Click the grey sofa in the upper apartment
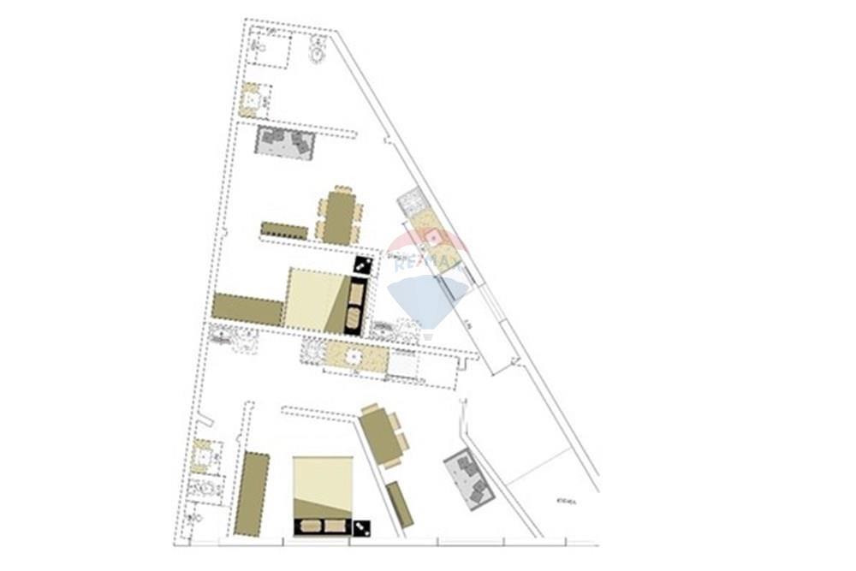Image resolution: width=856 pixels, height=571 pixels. [286, 143]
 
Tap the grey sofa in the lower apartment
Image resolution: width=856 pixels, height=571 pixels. [470, 479]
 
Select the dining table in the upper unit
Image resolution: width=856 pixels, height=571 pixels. [339, 217]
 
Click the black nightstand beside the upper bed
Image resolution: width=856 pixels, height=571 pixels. [363, 265]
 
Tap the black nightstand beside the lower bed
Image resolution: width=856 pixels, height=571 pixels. [363, 528]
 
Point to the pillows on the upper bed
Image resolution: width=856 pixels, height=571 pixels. [355, 306]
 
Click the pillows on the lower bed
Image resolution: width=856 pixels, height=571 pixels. [323, 526]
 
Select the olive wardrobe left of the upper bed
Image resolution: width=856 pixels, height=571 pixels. [247, 309]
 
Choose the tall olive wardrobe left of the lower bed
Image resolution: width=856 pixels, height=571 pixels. [252, 494]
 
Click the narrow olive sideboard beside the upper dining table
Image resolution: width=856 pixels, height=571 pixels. [284, 230]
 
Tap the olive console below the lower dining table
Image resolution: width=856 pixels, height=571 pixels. [400, 504]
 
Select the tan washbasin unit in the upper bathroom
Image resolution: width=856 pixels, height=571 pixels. [250, 101]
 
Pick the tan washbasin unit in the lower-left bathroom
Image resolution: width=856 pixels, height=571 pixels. [204, 456]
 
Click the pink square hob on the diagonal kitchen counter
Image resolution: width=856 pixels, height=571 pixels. [435, 237]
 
